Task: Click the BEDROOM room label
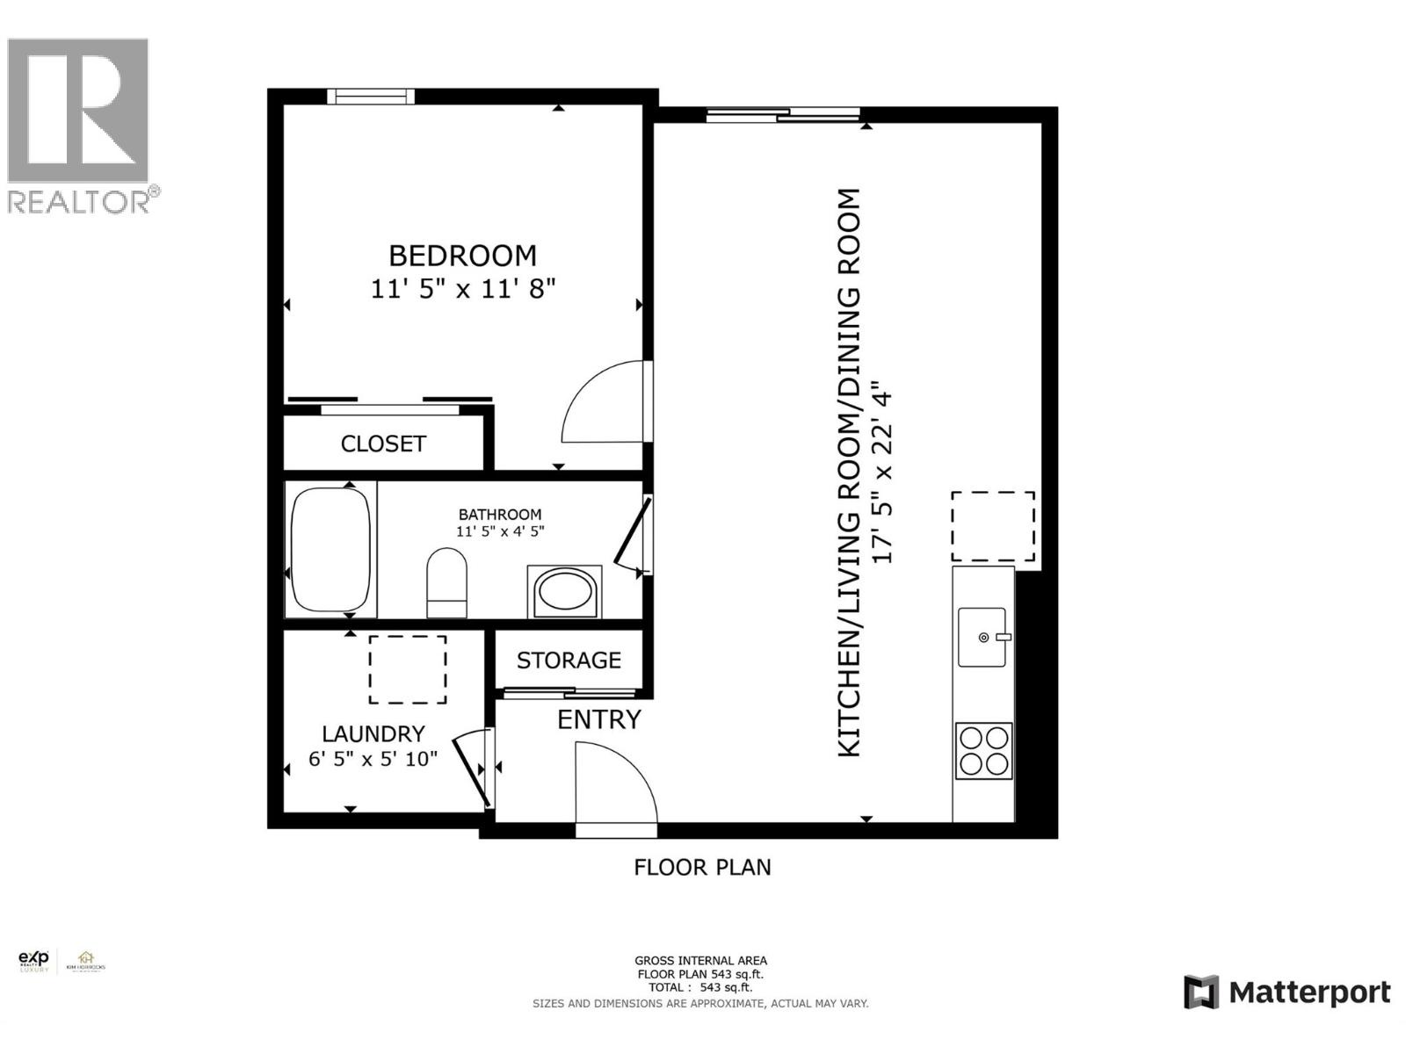pos(462,256)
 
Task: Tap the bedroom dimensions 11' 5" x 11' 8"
pos(462,288)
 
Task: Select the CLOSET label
pos(383,444)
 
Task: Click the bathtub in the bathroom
pos(330,550)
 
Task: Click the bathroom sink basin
pos(564,591)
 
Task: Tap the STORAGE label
pos(569,661)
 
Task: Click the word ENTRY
pos(599,719)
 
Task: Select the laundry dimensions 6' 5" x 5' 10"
pos(373,758)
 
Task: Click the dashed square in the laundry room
pos(407,669)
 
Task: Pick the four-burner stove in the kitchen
pos(983,750)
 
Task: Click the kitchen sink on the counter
pos(982,637)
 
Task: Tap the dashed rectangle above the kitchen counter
pos(992,526)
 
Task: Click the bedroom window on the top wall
pos(370,97)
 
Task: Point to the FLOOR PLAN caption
pos(702,867)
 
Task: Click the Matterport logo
pos(1286,993)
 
